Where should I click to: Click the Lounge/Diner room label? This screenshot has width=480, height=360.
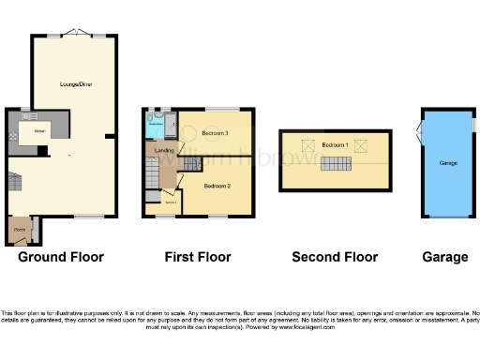75,84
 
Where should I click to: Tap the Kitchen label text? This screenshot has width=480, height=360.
39,131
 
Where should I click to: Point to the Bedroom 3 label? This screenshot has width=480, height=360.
216,134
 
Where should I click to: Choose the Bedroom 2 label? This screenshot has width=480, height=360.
217,186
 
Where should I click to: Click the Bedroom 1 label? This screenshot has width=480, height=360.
335,145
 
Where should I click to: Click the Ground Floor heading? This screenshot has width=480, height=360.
60,257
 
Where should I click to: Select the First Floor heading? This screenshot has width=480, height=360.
197,257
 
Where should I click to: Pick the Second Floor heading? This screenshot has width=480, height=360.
335,257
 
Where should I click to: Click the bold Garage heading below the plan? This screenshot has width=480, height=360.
444,257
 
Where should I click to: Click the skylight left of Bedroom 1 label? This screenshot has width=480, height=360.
307,146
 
